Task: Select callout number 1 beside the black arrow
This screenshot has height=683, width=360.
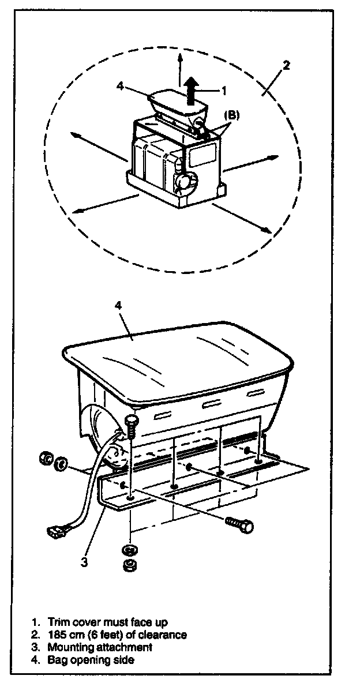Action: [224, 90]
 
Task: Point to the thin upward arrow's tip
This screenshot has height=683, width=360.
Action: [181, 54]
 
